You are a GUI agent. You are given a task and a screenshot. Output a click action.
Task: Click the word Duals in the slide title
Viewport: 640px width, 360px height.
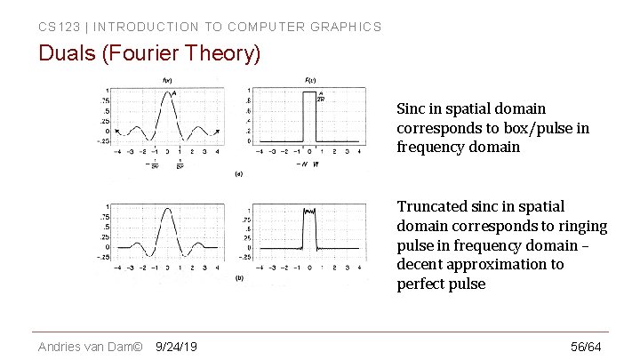pyautogui.click(x=68, y=54)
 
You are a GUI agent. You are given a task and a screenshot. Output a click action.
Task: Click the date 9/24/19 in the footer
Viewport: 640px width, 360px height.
pyautogui.click(x=176, y=346)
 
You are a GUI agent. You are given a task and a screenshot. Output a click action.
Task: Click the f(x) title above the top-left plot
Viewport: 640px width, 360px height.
pyautogui.click(x=166, y=81)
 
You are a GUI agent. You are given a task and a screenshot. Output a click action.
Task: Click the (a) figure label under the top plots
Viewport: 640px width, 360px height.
pyautogui.click(x=237, y=174)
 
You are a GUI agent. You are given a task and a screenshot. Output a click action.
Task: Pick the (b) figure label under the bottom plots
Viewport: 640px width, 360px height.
pyautogui.click(x=238, y=278)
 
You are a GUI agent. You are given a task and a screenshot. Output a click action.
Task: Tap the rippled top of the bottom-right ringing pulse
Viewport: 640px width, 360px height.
pyautogui.click(x=310, y=212)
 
